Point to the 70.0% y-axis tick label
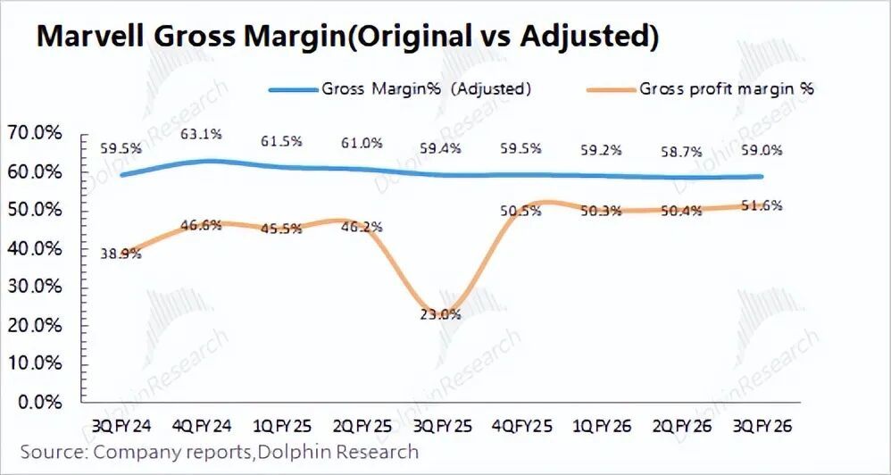click(34, 133)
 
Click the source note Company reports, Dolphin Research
click(220, 452)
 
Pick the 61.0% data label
click(362, 143)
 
